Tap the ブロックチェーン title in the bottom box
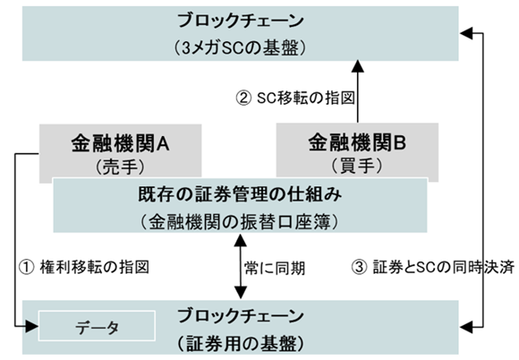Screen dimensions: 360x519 point(244,316)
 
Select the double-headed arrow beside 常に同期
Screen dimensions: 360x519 point(240,267)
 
